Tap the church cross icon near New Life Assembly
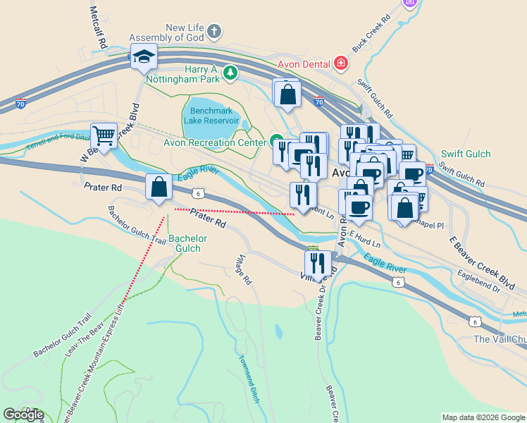tap(214, 32)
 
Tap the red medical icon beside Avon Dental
tap(342, 63)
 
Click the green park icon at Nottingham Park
tap(230, 73)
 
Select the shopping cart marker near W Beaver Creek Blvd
tap(104, 135)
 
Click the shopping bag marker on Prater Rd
tap(159, 188)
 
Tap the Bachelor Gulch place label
tap(187, 243)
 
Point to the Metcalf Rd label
tap(98, 27)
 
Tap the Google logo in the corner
tap(23, 415)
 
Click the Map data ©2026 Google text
tap(483, 417)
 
